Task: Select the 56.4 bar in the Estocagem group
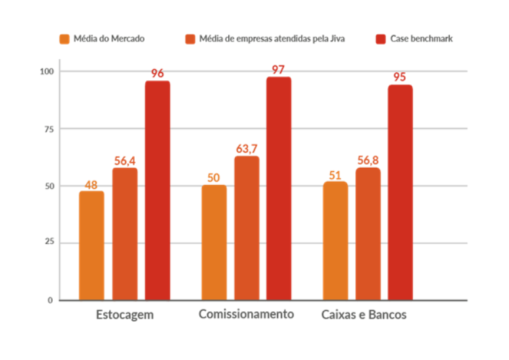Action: pos(124,234)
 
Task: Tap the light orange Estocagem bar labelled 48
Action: pos(91,245)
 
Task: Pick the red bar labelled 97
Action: pos(279,188)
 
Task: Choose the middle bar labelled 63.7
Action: pos(247,227)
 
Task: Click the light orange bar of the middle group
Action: pos(214,242)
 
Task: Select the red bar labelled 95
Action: pos(400,192)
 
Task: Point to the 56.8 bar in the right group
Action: pos(368,233)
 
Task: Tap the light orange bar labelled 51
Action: pos(335,240)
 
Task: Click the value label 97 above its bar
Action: pos(279,69)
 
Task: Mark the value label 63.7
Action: pos(247,148)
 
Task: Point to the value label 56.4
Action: pos(125,160)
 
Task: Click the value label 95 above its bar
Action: pos(400,76)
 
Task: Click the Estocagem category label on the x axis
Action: pos(124,315)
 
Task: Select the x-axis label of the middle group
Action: pos(247,315)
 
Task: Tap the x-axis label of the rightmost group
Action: pos(364,315)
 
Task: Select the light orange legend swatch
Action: pos(64,39)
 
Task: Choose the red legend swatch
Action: pos(380,39)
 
